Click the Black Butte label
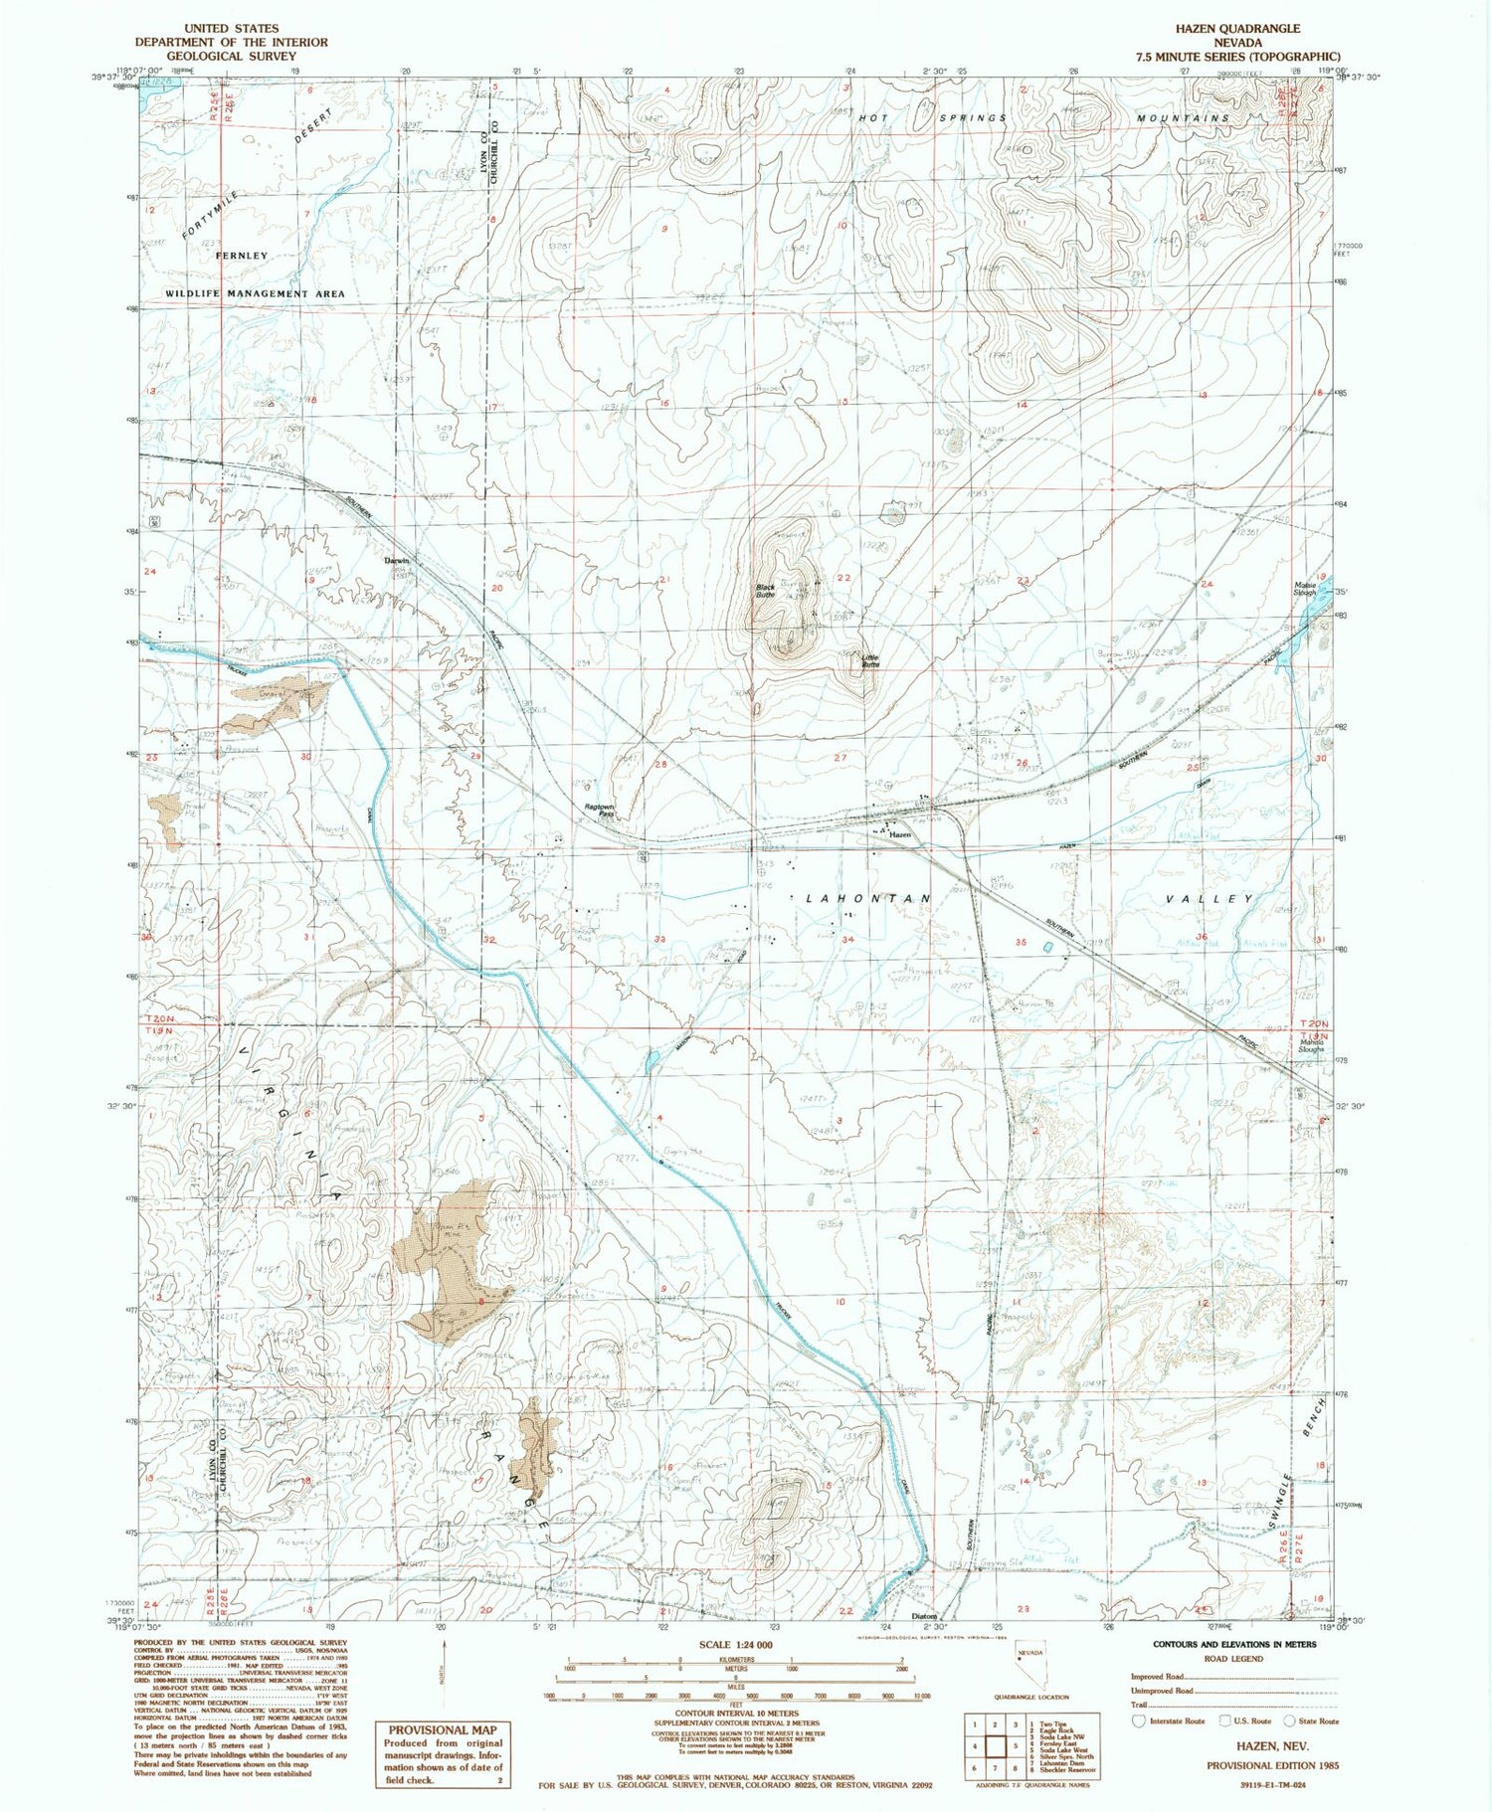tap(765, 590)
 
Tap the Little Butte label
tap(870, 659)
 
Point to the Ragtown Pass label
tap(598, 812)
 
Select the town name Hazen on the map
tap(899, 835)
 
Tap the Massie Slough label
tap(1305, 589)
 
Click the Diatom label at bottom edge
tap(925, 1616)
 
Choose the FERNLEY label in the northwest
tap(242, 256)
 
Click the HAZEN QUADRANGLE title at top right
tap(1236, 29)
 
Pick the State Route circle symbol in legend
tap(1289, 1721)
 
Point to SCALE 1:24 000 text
tap(735, 1645)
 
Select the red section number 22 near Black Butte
tap(843, 578)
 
